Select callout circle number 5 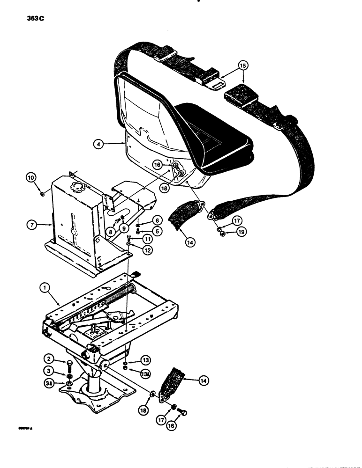coord(157,230)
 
